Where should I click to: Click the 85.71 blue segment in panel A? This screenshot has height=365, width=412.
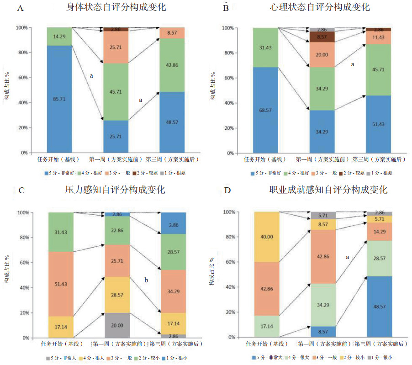point(59,98)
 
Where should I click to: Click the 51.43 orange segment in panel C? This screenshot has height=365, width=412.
point(61,284)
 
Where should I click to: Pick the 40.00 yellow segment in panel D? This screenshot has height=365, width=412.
point(267,237)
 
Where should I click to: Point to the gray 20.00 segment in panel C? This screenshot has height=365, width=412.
point(116,325)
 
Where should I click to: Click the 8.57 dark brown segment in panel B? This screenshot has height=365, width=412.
point(322,37)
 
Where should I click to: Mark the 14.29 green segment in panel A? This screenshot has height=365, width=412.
point(59,36)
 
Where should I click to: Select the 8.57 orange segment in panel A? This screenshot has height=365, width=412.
point(172,33)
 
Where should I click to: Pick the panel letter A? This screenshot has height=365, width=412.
point(20,8)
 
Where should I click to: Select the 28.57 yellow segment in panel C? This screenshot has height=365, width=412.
point(116,295)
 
